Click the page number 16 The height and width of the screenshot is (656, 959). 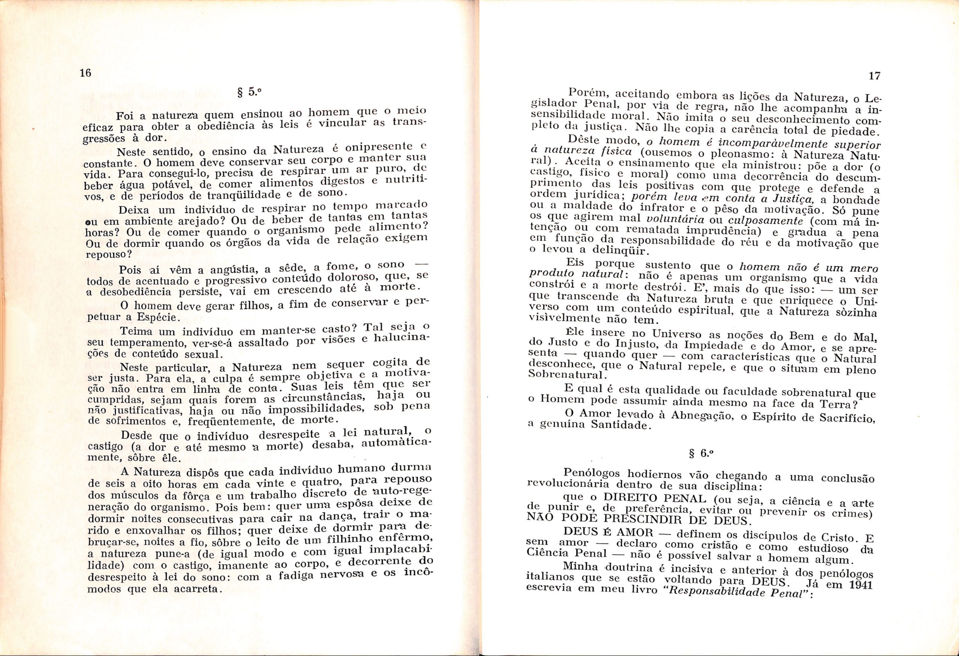[85, 73]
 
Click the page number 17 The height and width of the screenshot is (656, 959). [874, 76]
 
